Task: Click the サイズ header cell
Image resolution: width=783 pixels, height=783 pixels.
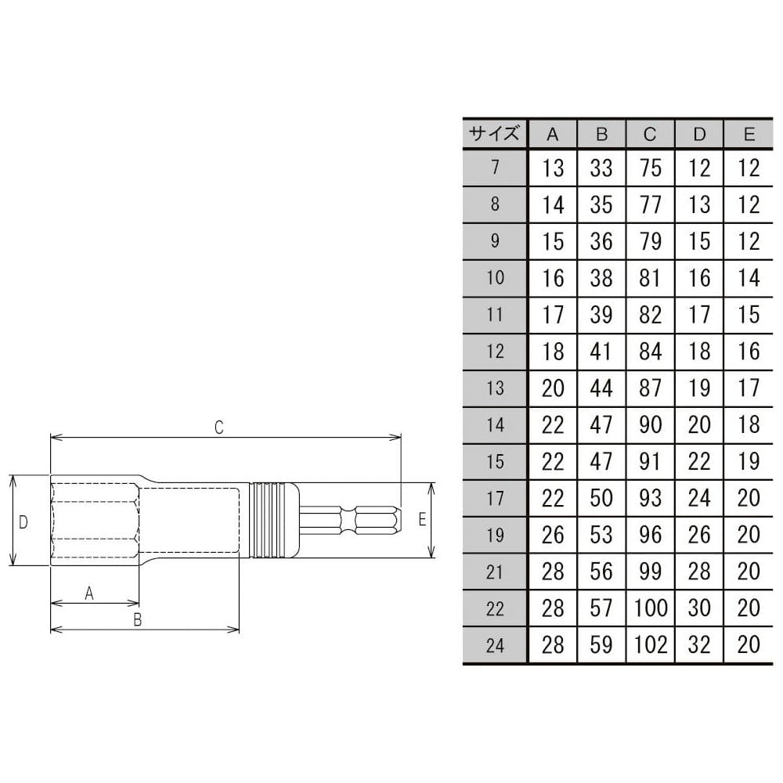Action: tap(494, 134)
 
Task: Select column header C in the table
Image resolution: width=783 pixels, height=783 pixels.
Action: tap(650, 134)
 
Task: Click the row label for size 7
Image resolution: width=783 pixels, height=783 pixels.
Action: tap(494, 168)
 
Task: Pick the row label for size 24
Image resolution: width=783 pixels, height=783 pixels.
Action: tap(494, 645)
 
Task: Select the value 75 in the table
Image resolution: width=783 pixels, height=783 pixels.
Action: tap(650, 168)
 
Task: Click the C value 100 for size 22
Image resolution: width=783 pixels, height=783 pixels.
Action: tap(650, 608)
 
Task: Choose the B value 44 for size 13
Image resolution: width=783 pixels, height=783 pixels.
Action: tap(601, 388)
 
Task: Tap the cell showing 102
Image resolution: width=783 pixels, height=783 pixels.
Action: tap(650, 644)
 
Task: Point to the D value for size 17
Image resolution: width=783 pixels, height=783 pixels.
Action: tap(699, 498)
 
